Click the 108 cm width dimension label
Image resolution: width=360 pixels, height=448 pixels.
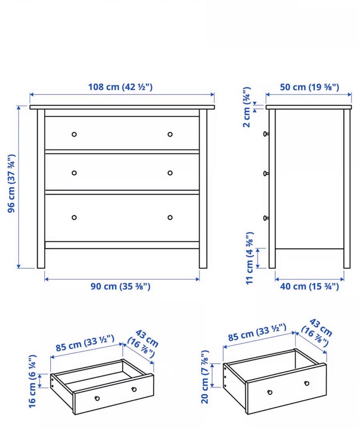(x=120, y=87)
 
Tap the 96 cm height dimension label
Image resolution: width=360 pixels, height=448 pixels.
(x=12, y=183)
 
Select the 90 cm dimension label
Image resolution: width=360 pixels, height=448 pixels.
(x=120, y=286)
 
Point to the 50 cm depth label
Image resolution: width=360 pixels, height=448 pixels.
(x=309, y=87)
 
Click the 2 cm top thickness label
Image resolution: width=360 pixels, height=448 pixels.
(x=247, y=107)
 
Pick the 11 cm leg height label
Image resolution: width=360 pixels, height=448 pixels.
(x=250, y=258)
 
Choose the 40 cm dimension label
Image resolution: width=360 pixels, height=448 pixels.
(x=309, y=286)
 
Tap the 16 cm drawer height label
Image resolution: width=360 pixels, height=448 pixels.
(x=33, y=381)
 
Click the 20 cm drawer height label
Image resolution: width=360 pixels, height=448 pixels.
(x=205, y=377)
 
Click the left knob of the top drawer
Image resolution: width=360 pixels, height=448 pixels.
(x=74, y=134)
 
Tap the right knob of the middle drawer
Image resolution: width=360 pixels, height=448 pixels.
(x=170, y=173)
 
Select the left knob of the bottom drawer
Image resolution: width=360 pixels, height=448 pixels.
(x=74, y=217)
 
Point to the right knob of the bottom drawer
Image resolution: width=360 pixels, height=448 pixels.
(x=170, y=217)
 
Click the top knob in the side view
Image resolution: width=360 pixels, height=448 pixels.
(x=266, y=134)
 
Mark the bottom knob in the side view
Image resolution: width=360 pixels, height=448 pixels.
(x=266, y=218)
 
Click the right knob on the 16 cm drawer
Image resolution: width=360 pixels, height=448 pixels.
(x=134, y=389)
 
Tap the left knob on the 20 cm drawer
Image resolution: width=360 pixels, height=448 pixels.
(x=270, y=392)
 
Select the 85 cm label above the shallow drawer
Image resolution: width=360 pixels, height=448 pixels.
(x=85, y=343)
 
